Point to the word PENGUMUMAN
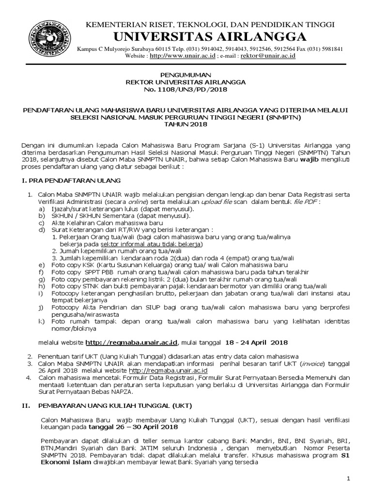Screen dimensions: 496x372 tap(186, 76)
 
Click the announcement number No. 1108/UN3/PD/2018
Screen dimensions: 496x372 tap(186, 90)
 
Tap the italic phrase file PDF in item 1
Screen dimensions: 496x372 tap(301, 201)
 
